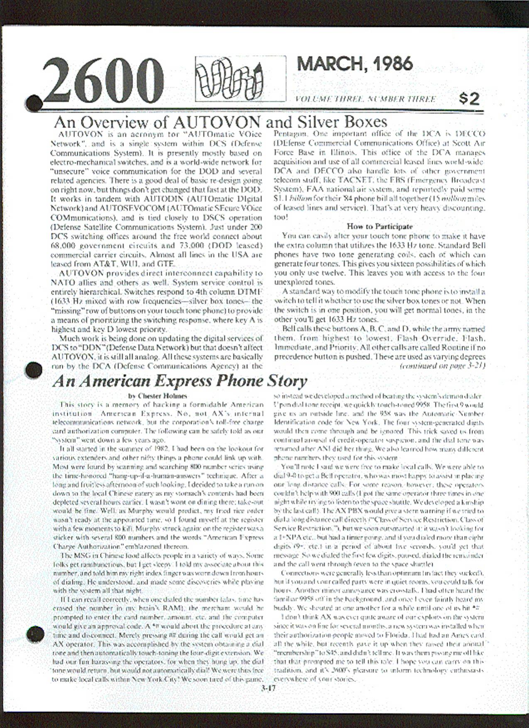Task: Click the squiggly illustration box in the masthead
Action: click(240, 78)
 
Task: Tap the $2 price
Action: click(469, 99)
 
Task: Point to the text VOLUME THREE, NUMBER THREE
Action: click(365, 99)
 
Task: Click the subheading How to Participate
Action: click(380, 226)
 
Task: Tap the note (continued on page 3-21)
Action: click(443, 366)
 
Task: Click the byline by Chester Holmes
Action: click(157, 396)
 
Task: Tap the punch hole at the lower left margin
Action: click(35, 634)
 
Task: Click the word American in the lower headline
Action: click(98, 381)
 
